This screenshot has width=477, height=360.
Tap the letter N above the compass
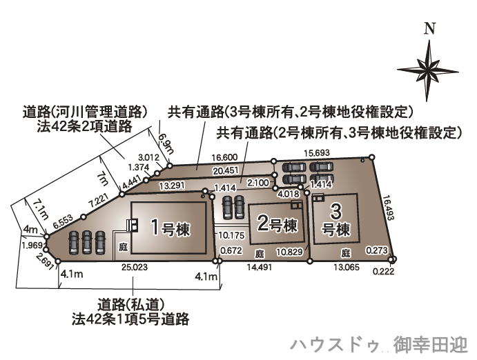[x=429, y=29]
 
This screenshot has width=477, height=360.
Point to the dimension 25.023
[x=134, y=266]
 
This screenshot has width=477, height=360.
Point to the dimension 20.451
[x=226, y=170]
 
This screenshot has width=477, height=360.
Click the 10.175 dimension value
[x=230, y=235]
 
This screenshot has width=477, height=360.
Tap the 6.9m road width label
[x=165, y=145]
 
